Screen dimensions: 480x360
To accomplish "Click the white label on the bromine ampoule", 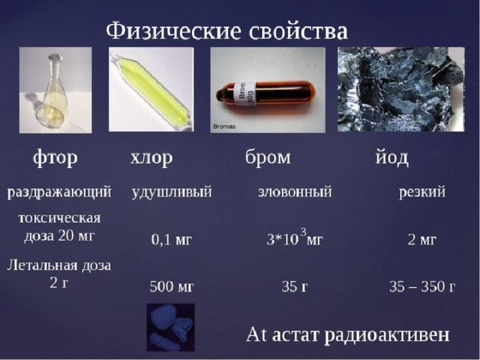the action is click(x=245, y=94).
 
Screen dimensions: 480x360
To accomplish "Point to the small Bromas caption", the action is click(x=224, y=126).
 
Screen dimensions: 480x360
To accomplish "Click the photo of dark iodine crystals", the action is click(x=401, y=89).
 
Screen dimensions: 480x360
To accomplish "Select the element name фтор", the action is click(x=55, y=158).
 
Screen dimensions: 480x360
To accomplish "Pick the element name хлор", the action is click(x=151, y=158).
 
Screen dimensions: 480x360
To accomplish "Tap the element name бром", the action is click(x=268, y=157).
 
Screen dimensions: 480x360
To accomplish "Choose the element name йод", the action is click(x=391, y=157).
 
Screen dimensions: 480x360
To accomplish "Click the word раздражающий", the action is click(x=59, y=193).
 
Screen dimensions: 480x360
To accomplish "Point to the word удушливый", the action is click(x=172, y=192).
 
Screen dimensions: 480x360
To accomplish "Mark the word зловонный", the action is click(x=295, y=192).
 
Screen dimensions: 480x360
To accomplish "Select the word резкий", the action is click(x=421, y=192).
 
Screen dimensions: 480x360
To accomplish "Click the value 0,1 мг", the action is click(x=171, y=240).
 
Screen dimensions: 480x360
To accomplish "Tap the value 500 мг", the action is click(x=172, y=286).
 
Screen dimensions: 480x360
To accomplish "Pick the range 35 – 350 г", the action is click(x=422, y=286).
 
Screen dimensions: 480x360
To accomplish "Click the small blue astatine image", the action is click(x=170, y=328).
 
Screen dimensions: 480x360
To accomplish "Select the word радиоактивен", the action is click(x=387, y=335).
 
